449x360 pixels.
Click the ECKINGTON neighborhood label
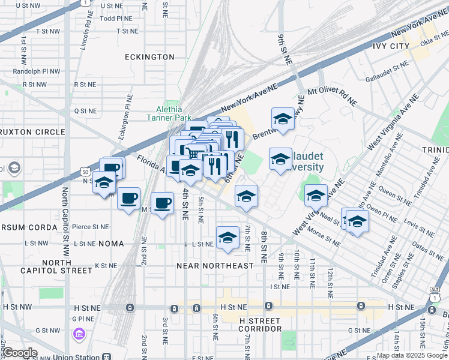[x=149, y=57]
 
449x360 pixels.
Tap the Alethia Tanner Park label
[x=164, y=113]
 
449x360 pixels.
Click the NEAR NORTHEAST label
[x=215, y=265]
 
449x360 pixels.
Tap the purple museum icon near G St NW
[x=79, y=333]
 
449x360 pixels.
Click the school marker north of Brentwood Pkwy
[x=283, y=118]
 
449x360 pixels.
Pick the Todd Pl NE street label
[x=115, y=19]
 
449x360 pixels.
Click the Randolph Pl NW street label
[x=37, y=71]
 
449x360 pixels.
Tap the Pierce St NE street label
[x=90, y=227]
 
